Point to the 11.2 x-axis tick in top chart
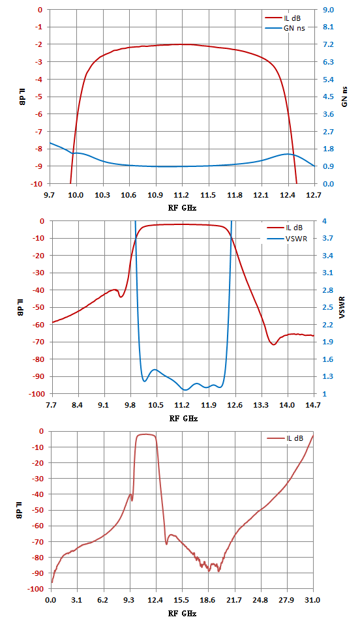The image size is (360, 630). tap(181, 195)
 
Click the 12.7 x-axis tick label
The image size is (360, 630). tap(314, 195)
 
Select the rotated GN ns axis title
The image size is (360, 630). tap(344, 97)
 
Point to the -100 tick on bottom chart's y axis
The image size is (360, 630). tap(35, 589)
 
